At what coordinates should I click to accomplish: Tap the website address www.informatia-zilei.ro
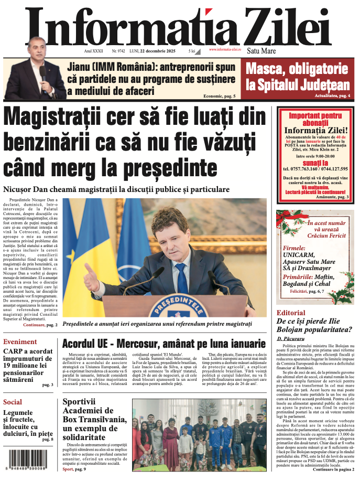pyautogui.click(x=225, y=50)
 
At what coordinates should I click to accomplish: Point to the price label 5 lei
pyautogui.click(x=192, y=51)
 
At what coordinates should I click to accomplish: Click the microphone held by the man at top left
pyautogui.click(x=43, y=72)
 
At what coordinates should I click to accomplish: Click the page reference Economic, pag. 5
pyautogui.click(x=220, y=96)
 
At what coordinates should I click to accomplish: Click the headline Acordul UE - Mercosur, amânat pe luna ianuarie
pyautogui.click(x=164, y=344)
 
